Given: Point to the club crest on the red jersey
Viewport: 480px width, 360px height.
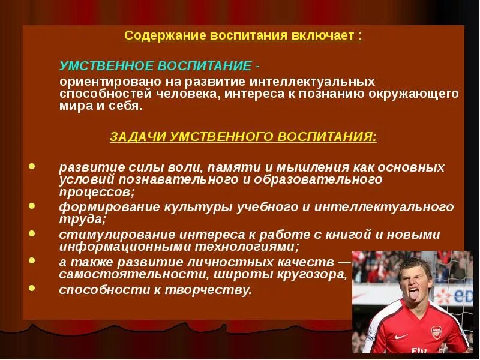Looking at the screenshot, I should point(436,334).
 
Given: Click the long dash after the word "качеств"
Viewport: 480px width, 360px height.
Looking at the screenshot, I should point(344,262).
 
